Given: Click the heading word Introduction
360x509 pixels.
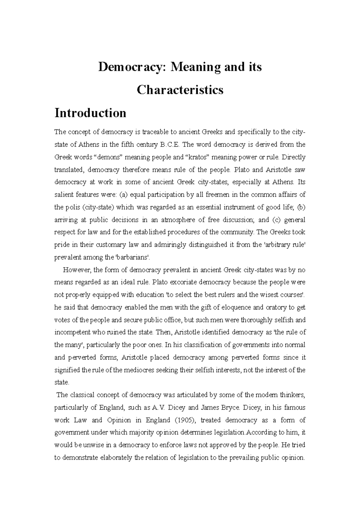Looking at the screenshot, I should click(90, 113).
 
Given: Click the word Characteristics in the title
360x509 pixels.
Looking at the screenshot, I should click(180, 90).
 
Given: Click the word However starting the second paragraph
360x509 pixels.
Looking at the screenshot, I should click(76, 270).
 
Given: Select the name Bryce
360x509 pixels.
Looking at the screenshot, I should click(231, 408).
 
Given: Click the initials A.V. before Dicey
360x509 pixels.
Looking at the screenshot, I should click(159, 408).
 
